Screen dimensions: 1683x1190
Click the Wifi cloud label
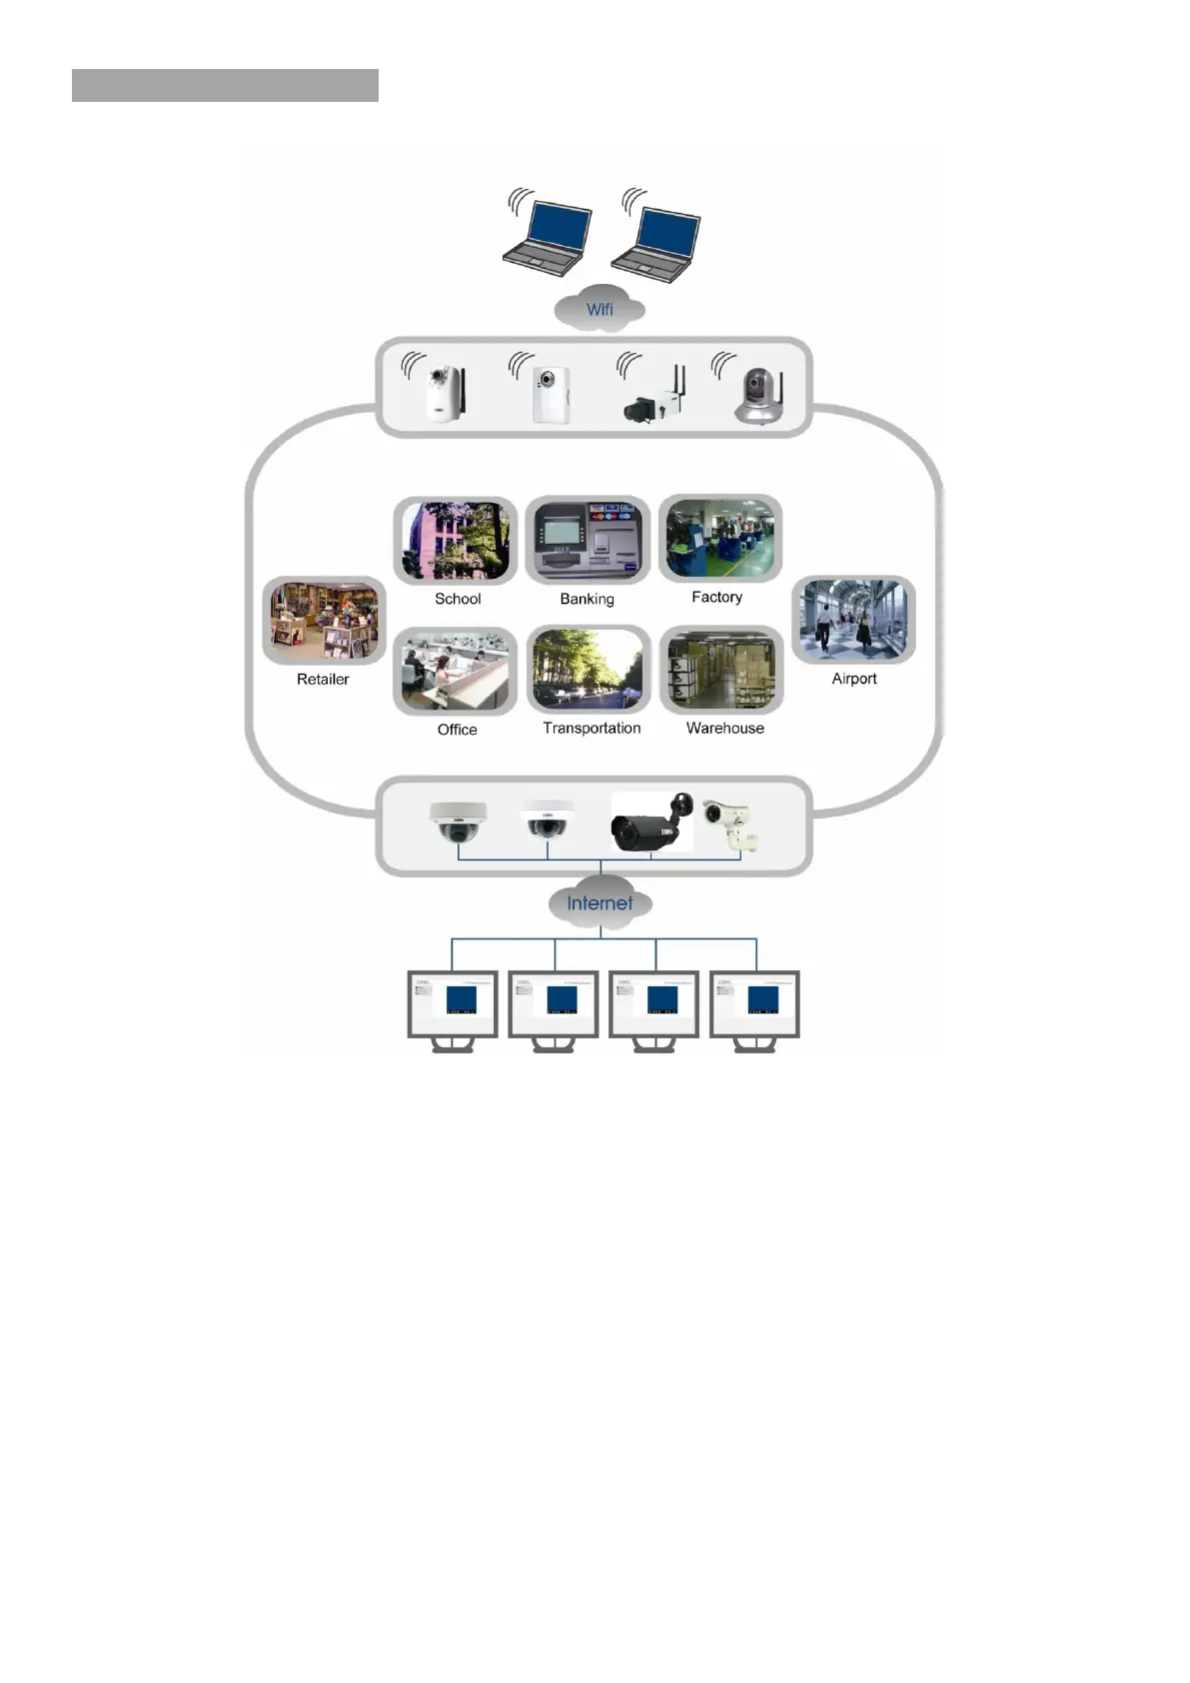599,310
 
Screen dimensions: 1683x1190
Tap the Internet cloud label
599,903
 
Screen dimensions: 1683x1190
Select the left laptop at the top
546,237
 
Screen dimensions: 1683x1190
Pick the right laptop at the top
655,241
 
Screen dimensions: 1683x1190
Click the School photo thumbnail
456,541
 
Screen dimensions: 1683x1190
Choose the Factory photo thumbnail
720,539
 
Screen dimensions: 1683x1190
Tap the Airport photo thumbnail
853,620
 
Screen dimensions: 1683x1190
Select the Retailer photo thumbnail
324,621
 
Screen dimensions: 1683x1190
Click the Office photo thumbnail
456,672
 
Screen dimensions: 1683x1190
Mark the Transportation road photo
589,670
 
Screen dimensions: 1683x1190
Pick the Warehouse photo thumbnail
721,670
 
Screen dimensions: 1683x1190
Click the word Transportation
592,729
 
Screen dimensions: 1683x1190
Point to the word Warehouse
724,729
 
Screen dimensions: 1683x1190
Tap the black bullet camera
650,825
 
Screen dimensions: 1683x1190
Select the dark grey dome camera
458,825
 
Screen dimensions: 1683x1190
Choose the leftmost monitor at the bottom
453,1004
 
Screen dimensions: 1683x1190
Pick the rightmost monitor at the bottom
754,1004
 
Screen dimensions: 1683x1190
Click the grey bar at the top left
225,86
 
